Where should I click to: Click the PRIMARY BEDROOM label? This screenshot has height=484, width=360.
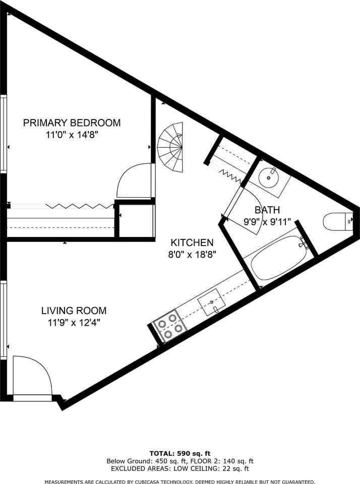(72, 123)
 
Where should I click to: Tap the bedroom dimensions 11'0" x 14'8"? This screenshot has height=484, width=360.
(72, 135)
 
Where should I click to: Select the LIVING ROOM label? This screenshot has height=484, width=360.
(74, 311)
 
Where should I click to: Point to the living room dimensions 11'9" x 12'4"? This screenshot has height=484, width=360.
(74, 323)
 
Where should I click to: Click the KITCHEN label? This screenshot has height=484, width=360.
(192, 243)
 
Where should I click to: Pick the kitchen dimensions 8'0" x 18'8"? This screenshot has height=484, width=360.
(192, 255)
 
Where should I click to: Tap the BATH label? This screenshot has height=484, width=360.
(267, 210)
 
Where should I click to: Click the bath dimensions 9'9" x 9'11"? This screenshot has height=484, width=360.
(267, 221)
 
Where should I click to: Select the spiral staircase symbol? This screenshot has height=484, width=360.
(171, 147)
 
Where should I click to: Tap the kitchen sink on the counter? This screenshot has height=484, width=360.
(211, 303)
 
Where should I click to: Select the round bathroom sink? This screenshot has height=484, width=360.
(270, 176)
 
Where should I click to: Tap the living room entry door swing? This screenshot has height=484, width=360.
(31, 376)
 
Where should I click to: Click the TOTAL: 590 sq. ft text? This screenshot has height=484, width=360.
(179, 453)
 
